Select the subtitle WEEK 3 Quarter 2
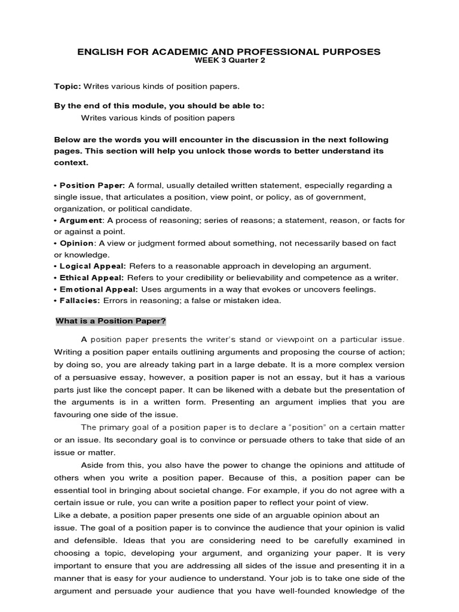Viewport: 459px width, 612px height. tap(229, 61)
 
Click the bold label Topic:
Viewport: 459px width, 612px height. tap(67, 87)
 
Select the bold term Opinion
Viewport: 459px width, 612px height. tap(76, 243)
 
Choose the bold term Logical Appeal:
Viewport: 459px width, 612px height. tap(93, 266)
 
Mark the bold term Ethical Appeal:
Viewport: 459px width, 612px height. tap(91, 277)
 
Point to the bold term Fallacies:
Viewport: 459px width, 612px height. tap(81, 301)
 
